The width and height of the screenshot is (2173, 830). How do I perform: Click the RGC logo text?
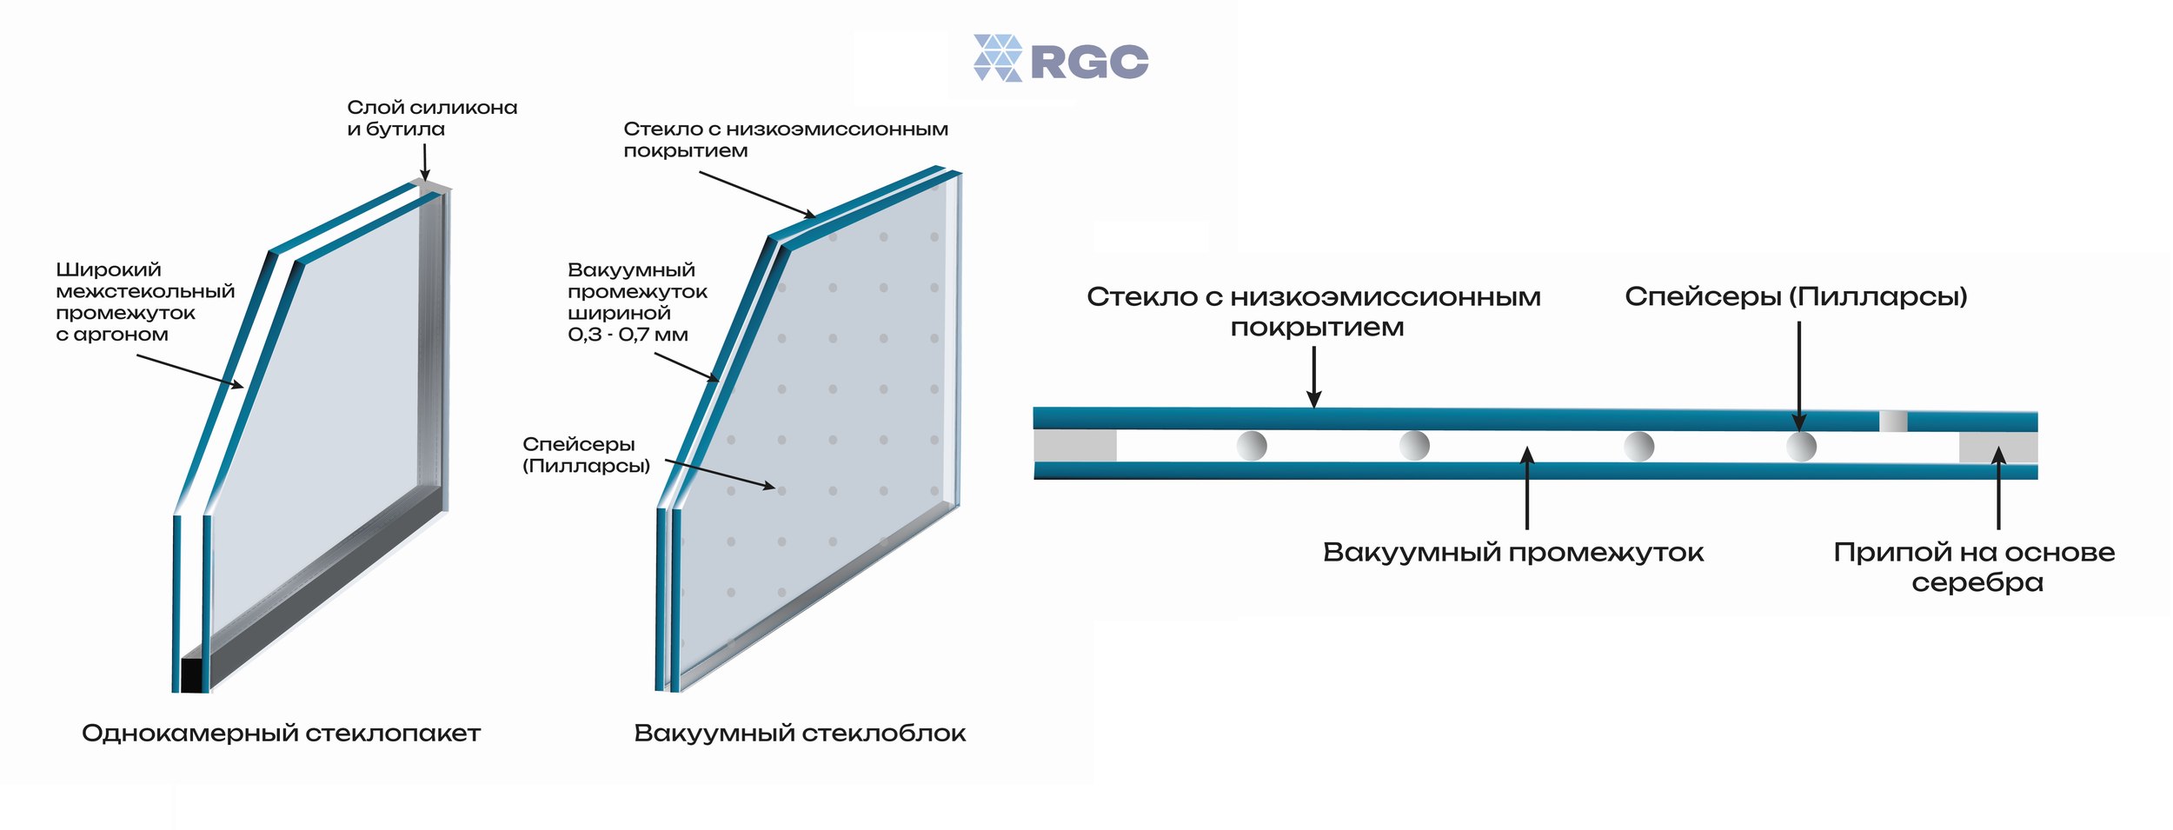pos(1089,62)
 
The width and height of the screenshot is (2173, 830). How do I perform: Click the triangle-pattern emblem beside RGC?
pos(998,58)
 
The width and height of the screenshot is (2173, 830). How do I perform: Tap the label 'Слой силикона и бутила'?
pos(432,118)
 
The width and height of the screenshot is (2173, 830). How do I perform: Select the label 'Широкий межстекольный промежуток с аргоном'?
pos(145,302)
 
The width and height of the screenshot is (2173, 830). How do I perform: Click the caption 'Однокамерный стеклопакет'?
pos(281,734)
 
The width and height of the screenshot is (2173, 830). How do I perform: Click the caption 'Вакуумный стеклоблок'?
pos(800,734)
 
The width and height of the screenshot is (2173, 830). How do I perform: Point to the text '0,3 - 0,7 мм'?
pos(628,335)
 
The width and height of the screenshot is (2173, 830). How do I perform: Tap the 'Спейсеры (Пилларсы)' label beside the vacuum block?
pos(586,455)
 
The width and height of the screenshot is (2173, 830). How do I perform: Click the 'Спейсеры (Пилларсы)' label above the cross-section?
pos(1796,297)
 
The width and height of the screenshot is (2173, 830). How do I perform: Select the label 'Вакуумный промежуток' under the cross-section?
pos(1513,553)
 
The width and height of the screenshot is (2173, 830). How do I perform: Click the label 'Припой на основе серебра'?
pos(1974,568)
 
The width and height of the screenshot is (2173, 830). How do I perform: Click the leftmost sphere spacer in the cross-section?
pos(1252,446)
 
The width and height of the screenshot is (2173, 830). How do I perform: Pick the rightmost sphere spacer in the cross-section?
pos(1801,447)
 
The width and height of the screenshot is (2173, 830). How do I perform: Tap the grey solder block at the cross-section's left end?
pos(1075,446)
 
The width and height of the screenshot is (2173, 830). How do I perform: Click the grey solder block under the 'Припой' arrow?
pos(1998,448)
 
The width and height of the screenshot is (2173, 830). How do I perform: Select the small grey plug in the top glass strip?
pos(1893,422)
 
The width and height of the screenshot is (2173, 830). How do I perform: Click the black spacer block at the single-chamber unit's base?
pos(191,675)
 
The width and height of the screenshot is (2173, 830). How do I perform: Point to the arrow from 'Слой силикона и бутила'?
pos(425,163)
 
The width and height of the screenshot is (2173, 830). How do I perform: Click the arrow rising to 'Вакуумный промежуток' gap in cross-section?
pos(1527,488)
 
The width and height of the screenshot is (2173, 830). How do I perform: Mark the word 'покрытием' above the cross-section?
pos(1317,329)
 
